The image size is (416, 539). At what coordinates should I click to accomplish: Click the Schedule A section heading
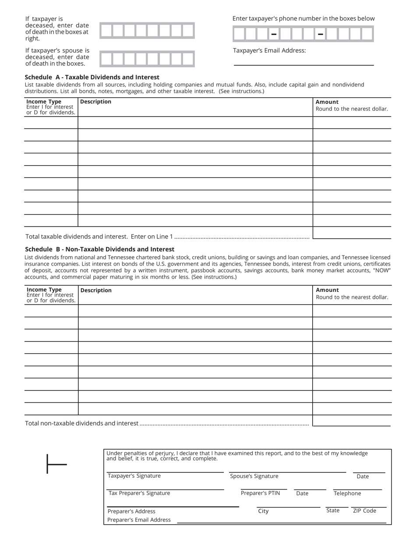point(92,77)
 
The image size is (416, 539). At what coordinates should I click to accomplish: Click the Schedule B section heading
point(99,249)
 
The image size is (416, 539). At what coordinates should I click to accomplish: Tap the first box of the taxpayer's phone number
point(239,34)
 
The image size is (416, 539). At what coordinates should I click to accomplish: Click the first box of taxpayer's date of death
point(106,31)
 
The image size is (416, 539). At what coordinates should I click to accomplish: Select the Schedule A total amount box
point(352,233)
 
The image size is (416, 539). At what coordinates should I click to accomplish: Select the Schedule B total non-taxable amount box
point(352,421)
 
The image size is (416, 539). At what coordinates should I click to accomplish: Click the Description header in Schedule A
point(96,102)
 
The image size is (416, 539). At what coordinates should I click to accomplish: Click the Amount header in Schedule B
point(327,290)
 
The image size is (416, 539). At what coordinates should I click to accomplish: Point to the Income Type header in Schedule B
point(44,290)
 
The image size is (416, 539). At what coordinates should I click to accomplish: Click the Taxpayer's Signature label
point(134,476)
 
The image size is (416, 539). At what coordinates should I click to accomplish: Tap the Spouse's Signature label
point(254,476)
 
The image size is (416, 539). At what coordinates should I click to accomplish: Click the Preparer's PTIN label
point(260,493)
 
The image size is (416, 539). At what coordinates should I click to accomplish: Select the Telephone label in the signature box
point(347,493)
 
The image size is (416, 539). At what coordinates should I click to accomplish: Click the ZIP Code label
point(364,511)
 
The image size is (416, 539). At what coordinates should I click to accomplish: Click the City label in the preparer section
point(263,511)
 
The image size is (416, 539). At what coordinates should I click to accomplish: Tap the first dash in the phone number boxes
point(274,34)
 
